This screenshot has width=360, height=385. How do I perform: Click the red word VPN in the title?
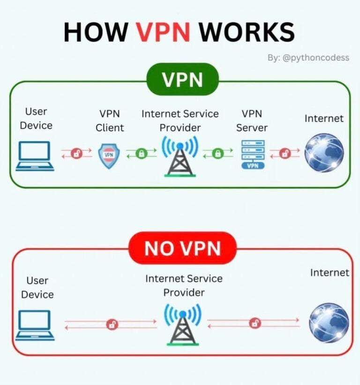point(164,32)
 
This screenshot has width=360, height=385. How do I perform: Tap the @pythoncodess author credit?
point(308,58)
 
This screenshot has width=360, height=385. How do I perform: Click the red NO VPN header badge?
point(182,248)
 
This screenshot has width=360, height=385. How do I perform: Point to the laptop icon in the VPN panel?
point(35,156)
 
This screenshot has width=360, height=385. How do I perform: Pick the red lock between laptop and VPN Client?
point(76,153)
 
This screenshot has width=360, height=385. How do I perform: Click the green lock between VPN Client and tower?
point(141,153)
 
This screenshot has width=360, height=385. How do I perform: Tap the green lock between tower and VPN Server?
point(217,153)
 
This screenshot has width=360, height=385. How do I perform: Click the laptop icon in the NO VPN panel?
point(35,325)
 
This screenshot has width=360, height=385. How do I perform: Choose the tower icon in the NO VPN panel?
point(182,324)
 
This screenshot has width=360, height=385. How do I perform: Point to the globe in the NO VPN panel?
point(329,323)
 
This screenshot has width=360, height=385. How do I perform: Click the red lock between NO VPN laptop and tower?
point(112,324)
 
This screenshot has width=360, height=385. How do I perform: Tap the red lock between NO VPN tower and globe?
point(255,323)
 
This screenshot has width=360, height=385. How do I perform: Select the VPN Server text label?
point(252,120)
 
